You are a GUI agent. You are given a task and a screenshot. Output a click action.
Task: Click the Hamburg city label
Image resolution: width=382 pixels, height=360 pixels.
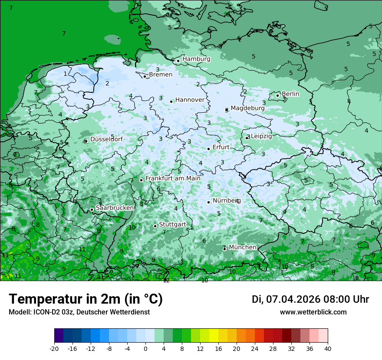[196, 59]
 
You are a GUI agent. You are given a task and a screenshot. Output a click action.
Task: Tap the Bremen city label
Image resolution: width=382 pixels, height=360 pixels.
[160, 75]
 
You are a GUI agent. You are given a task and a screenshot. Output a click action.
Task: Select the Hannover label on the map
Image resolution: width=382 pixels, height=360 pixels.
[190, 100]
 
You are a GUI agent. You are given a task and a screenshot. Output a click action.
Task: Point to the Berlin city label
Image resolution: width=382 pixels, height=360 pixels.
[290, 94]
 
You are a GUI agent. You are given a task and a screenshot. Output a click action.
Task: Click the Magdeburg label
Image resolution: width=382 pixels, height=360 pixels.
[247, 108]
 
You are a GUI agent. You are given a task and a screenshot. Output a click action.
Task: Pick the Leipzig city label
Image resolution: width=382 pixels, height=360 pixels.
[261, 136]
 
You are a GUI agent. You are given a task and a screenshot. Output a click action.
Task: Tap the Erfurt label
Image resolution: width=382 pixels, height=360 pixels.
[221, 147]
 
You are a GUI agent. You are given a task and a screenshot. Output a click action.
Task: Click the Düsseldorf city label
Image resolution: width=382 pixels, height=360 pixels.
[106, 139]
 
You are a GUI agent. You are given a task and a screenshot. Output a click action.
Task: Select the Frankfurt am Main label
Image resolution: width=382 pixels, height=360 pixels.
[173, 178]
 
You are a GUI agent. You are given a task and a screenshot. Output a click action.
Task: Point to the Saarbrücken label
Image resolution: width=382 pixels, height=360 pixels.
[115, 208]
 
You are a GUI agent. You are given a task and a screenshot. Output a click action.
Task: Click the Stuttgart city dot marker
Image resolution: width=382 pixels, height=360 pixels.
[155, 226]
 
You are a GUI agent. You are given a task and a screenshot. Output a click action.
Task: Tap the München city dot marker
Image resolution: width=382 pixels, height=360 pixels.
[224, 249]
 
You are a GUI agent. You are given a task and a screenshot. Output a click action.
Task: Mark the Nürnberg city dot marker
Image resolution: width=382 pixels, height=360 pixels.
[209, 202]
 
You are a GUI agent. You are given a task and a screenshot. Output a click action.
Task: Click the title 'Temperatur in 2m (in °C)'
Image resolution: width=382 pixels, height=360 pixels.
[86, 299]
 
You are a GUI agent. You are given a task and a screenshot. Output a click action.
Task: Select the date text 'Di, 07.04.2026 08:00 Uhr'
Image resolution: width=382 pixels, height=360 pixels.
[310, 299]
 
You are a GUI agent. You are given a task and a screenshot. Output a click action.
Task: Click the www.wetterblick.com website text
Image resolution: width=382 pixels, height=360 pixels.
[313, 312]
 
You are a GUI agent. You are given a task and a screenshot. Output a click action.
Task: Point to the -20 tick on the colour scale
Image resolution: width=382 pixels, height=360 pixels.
[54, 348]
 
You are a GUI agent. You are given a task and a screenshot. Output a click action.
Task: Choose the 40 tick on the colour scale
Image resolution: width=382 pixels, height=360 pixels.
[328, 348]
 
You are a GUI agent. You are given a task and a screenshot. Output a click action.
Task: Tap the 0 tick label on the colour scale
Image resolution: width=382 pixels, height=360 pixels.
[145, 348]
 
